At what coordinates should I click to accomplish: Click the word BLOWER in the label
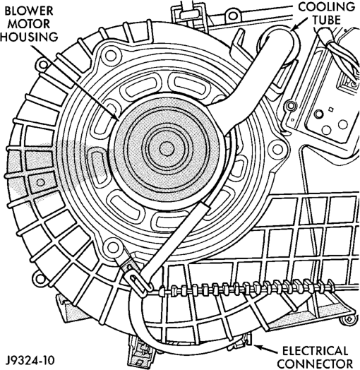(28, 11)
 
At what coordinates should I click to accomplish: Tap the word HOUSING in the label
(29, 37)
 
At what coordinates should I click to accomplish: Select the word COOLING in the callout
(327, 7)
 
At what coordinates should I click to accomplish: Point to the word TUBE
(327, 20)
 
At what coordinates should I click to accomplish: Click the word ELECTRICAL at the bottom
(316, 351)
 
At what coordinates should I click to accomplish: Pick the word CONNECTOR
(317, 364)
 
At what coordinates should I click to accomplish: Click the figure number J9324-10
(30, 360)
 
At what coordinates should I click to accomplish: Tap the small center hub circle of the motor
(167, 149)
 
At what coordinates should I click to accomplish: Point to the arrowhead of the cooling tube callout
(294, 28)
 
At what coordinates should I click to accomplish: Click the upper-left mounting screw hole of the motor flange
(110, 56)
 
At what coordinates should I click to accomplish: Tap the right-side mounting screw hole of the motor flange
(277, 149)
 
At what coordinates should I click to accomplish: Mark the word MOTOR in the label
(30, 24)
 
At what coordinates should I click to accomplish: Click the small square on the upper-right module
(331, 109)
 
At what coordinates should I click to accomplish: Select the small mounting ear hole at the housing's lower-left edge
(40, 279)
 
